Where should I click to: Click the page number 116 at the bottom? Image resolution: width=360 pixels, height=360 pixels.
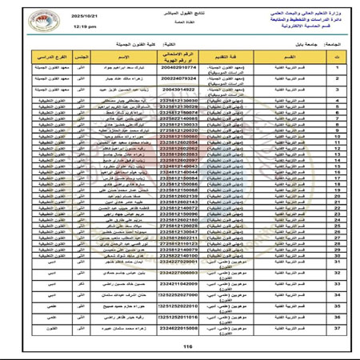point(188,346)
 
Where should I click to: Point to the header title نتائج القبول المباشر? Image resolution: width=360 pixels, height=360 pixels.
point(190,14)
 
